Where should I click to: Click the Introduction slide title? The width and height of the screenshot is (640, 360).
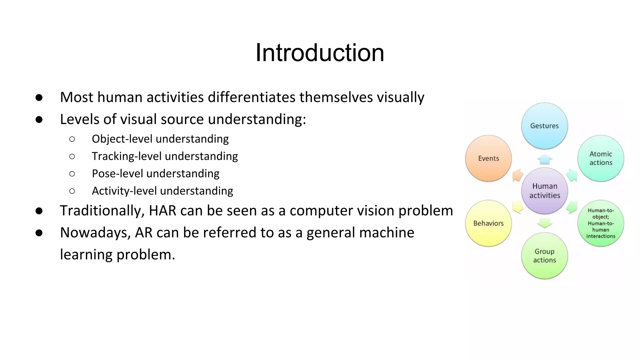pos(320,53)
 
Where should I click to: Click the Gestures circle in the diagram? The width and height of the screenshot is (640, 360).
pos(544,126)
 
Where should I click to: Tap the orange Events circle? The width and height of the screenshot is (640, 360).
pos(488,158)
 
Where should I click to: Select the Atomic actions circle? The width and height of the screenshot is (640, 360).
pos(601,158)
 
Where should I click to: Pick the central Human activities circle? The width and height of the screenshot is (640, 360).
pos(545,191)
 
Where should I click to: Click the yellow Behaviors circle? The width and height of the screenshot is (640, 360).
pos(488,223)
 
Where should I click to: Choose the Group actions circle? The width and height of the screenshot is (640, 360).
pos(544,256)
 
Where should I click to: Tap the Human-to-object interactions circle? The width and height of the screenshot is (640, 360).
pos(601,223)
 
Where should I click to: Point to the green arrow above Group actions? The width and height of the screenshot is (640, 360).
pos(545,223)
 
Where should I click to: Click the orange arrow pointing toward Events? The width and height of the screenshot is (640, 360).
pos(517,175)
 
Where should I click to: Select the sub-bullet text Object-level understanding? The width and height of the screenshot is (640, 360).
pos(160,139)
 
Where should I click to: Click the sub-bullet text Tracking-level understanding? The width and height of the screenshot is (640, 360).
pos(165,156)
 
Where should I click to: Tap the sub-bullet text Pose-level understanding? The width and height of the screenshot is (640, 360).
pos(155,173)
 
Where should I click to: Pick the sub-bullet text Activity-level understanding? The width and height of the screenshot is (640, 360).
pos(162,191)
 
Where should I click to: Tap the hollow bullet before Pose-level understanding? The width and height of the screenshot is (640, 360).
pos(72,174)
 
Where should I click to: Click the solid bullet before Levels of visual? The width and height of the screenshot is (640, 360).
pos(39,119)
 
